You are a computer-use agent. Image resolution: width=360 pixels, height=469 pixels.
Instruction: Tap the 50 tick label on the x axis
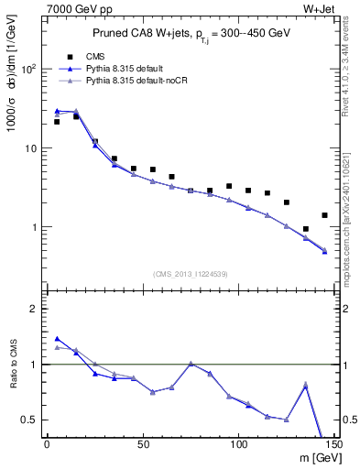[x=142, y=444]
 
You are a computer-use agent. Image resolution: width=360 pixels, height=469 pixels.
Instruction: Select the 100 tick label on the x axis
[x=238, y=444]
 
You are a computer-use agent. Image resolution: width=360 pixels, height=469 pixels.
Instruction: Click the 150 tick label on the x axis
[x=333, y=444]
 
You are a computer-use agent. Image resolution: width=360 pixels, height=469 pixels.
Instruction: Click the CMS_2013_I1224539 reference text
[x=190, y=273]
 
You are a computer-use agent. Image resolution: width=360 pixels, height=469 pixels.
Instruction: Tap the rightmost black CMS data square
[x=324, y=215]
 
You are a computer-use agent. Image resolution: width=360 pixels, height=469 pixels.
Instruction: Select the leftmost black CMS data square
[x=57, y=121]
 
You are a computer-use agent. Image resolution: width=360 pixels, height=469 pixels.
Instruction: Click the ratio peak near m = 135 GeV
[x=306, y=385]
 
